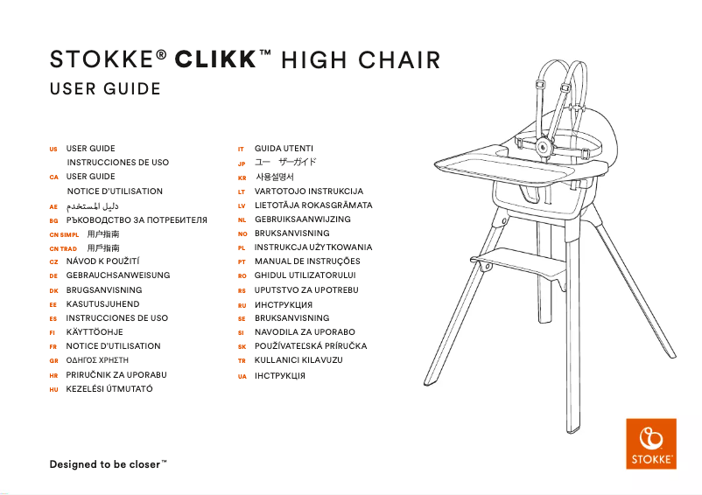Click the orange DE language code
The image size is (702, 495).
(53, 276)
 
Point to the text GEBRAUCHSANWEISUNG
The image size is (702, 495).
(118, 275)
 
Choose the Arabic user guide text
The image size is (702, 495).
(90, 205)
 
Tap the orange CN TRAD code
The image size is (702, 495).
(64, 248)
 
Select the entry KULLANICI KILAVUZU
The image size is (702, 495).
(298, 360)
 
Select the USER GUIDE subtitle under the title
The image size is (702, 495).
(106, 89)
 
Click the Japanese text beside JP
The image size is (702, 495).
(285, 163)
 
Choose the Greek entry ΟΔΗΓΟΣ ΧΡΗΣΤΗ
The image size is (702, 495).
(97, 360)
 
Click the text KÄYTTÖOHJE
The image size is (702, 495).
(95, 332)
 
